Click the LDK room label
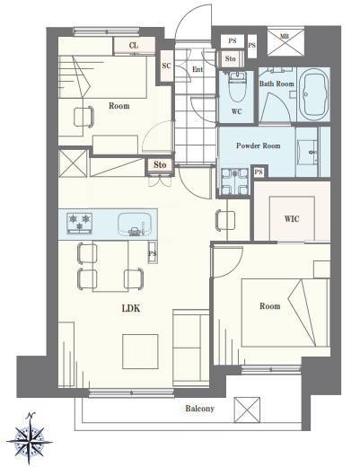coord(131,308)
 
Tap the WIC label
coord(292,218)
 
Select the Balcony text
coord(199,409)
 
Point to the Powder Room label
coord(258,145)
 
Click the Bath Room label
coord(277,84)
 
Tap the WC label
coord(236,111)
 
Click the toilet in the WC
coord(236,86)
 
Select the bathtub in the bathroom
coord(314,94)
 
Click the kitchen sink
coord(135,224)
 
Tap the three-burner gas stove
coord(79,223)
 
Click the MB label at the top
coord(285,37)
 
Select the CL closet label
coord(134,46)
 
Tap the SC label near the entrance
coord(166,66)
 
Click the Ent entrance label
coord(198,69)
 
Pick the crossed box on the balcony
coord(247,410)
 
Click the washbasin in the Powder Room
coord(307,151)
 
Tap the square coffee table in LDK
coord(140,351)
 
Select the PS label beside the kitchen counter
coord(153,253)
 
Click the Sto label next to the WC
coord(231,58)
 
